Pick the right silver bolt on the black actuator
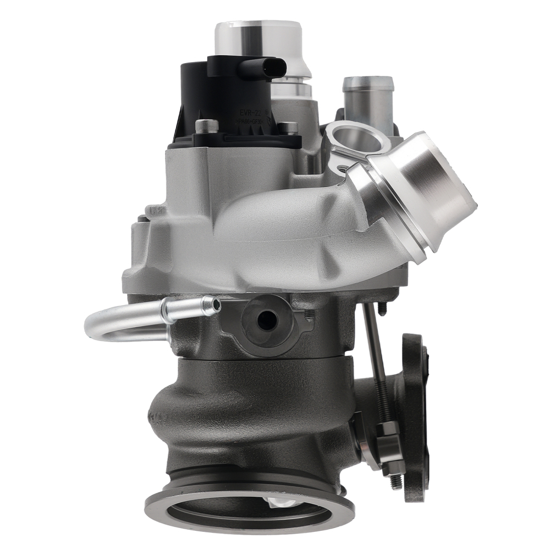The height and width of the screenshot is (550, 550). click(x=288, y=127)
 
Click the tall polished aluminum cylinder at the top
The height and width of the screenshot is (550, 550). click(x=258, y=41)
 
